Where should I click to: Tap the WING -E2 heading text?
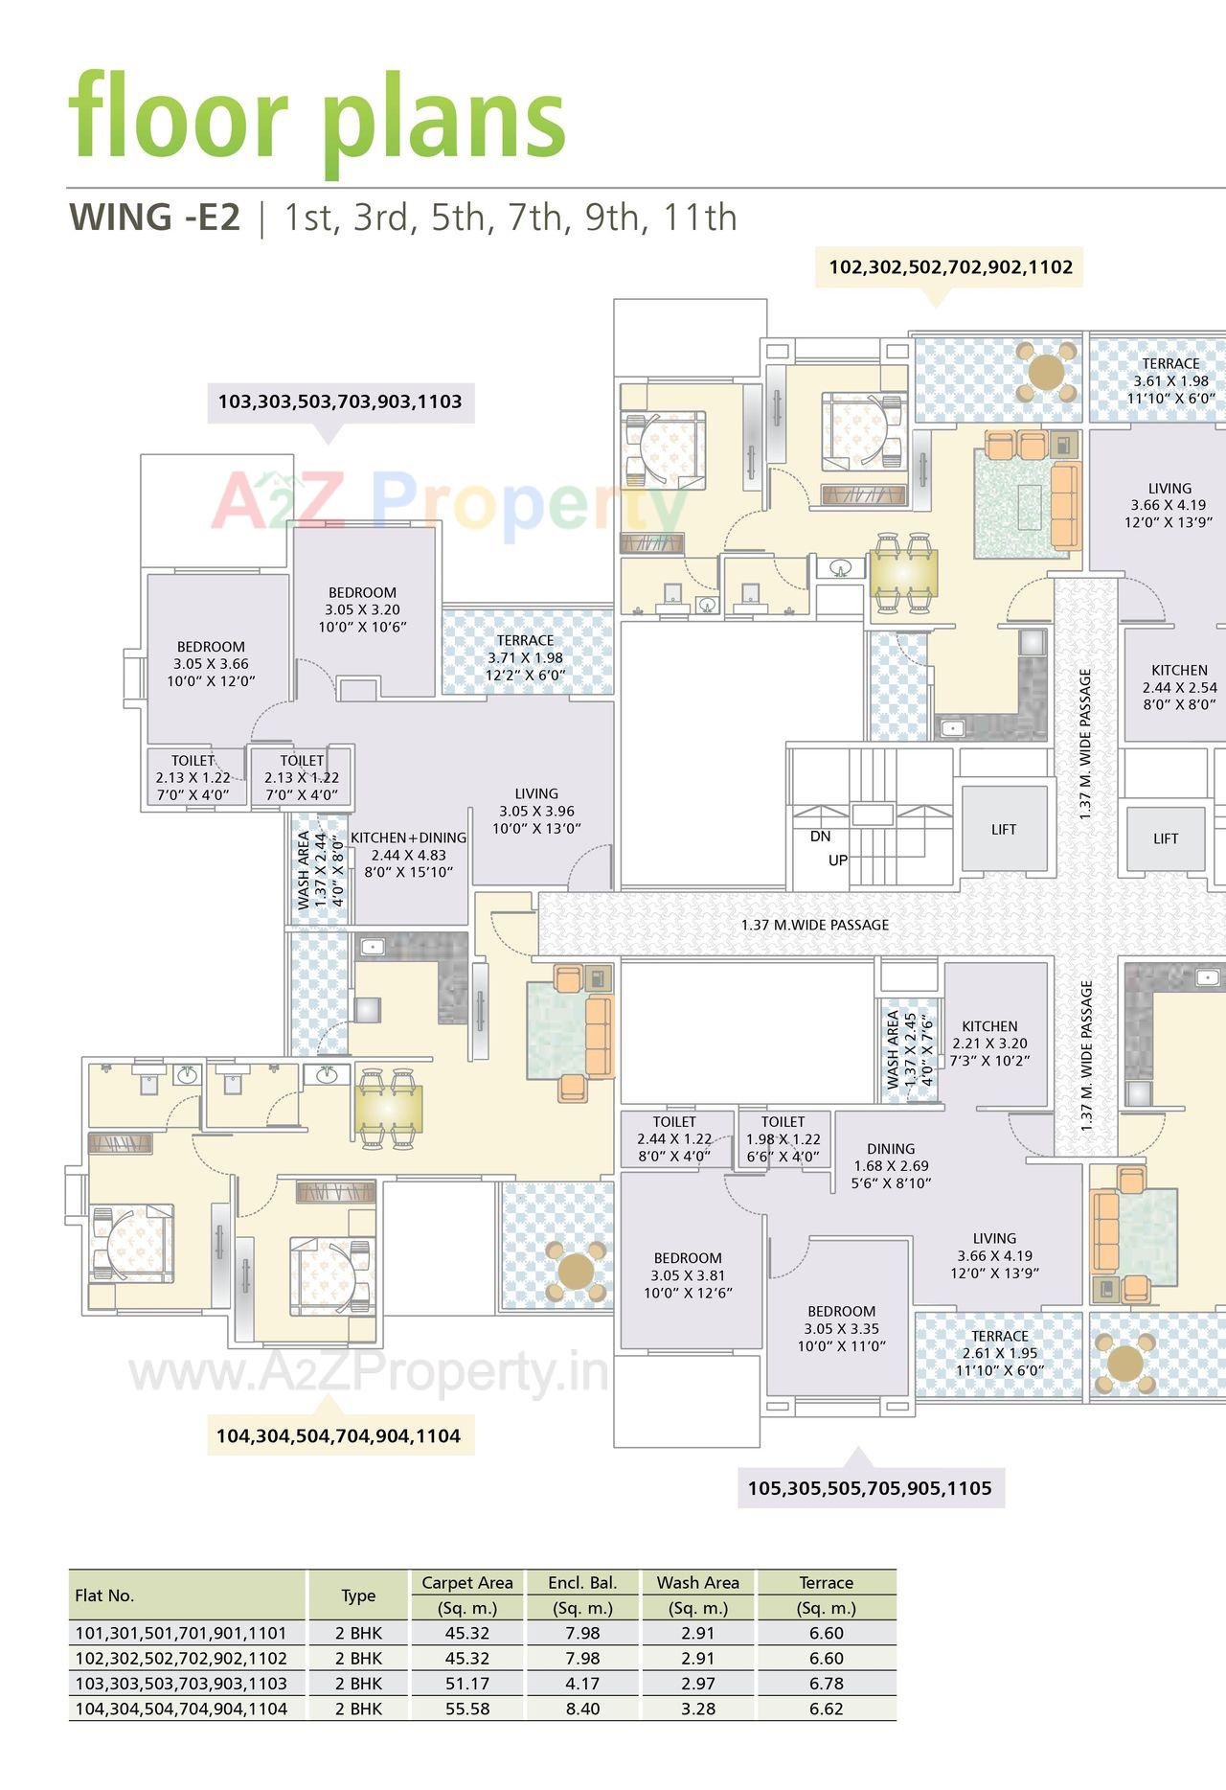154,218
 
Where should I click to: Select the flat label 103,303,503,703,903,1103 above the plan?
340,402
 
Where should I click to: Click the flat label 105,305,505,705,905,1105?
870,1488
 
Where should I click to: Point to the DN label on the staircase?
820,836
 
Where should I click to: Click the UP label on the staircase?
838,861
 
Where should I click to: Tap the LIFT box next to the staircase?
1004,830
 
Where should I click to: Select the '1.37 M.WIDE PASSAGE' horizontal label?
814,925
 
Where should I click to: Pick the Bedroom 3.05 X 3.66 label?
211,663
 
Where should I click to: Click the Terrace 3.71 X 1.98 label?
526,657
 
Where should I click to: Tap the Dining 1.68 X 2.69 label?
891,1165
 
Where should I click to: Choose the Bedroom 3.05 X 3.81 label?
688,1275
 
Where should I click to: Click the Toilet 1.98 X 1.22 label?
783,1138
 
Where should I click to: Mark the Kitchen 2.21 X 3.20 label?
989,1044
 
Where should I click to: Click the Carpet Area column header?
467,1582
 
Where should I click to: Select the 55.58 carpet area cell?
467,1709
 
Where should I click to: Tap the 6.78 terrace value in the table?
826,1684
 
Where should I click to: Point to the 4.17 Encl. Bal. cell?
582,1684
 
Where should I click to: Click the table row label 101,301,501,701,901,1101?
181,1633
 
